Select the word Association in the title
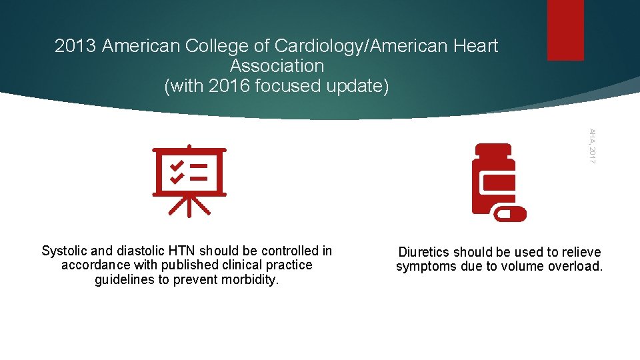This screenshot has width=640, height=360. coord(277,66)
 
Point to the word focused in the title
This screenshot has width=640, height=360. coord(291,86)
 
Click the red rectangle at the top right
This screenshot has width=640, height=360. coord(565,30)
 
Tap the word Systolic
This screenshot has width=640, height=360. coord(64,251)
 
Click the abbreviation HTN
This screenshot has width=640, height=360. coord(182,251)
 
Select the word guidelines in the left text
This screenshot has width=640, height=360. coord(125,279)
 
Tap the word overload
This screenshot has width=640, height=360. coord(578,267)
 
